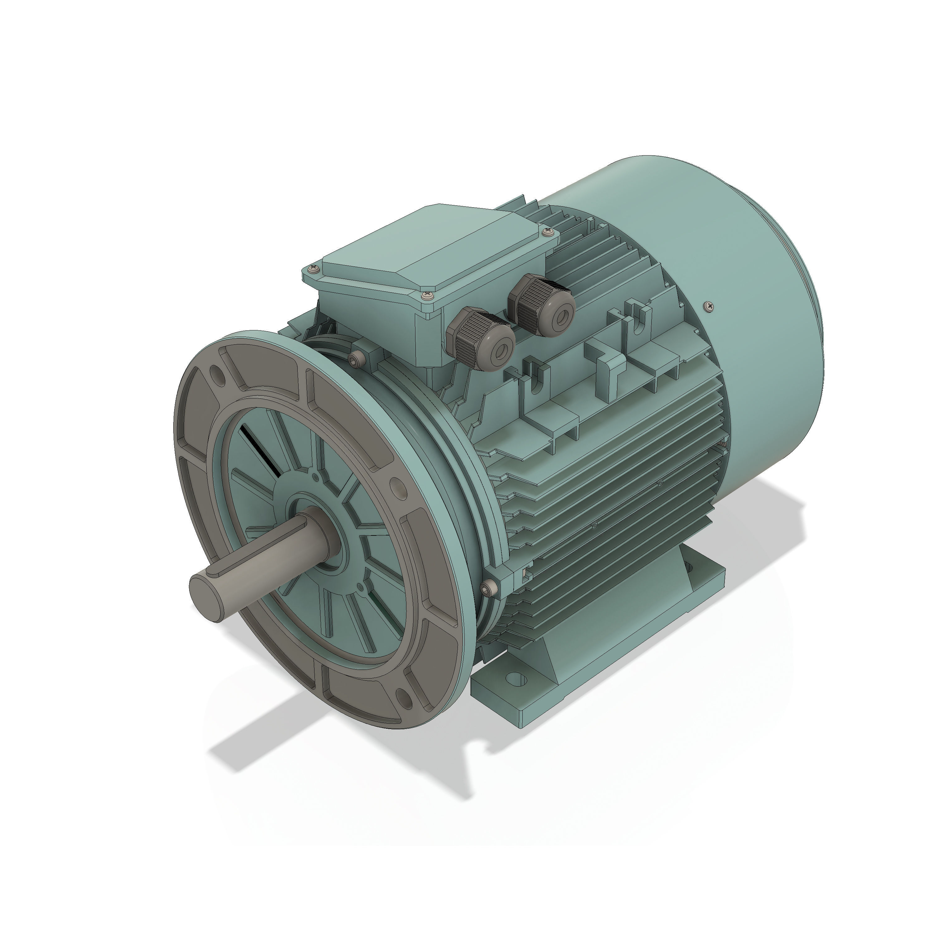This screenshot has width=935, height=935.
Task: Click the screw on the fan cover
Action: [x=709, y=305]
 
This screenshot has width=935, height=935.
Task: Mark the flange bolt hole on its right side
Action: [x=396, y=487]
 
